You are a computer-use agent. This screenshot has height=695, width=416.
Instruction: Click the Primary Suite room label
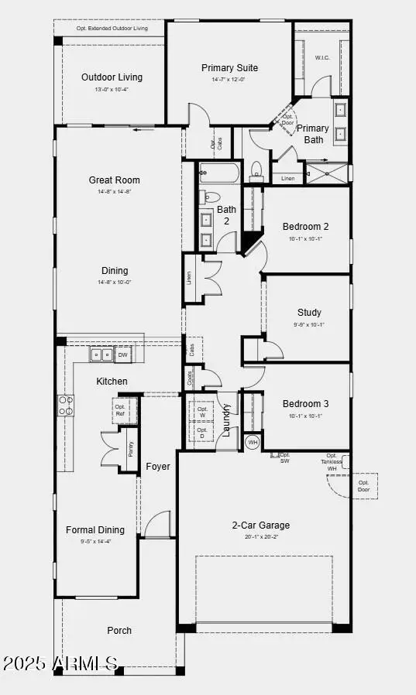(229, 68)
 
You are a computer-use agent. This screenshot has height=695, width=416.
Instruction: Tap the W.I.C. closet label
(323, 57)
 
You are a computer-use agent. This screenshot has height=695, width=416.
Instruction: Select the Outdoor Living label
(112, 77)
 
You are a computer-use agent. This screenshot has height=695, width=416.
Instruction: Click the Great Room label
(114, 180)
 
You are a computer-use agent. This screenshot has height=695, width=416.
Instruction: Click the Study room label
(309, 313)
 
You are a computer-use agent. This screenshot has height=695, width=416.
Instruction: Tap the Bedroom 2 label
(305, 227)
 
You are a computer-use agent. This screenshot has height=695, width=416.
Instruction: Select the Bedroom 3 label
(305, 404)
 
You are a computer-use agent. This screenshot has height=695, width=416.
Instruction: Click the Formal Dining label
(95, 530)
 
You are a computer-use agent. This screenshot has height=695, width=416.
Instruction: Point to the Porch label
(119, 631)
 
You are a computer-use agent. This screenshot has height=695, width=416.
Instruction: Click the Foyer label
(158, 467)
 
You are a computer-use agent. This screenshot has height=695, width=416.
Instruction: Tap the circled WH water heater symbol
(253, 443)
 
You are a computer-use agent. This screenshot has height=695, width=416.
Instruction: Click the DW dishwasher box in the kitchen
(122, 355)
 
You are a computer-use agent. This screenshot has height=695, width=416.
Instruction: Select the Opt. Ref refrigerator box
(120, 410)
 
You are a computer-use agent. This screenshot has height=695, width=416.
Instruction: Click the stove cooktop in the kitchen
(66, 406)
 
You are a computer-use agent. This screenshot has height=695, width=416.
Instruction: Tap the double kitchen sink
(101, 355)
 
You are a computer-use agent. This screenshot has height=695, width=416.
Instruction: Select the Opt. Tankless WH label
(332, 462)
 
